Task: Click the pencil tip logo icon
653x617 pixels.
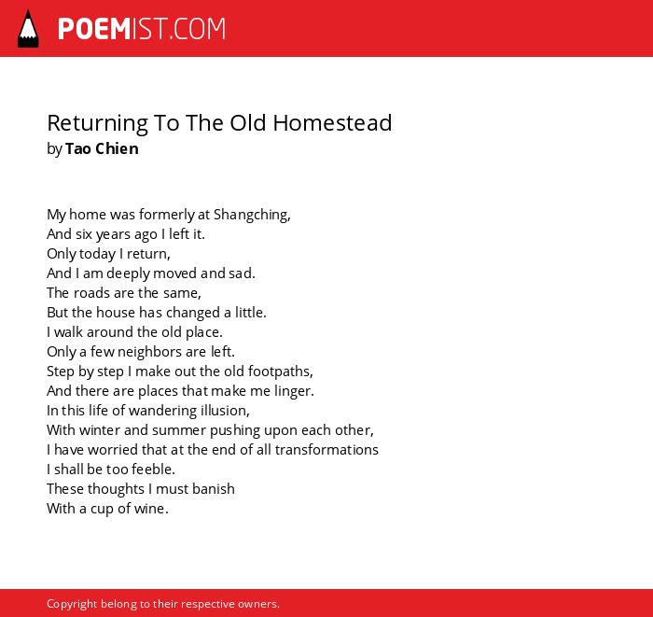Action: click(28, 29)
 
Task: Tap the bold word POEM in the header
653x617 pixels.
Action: click(94, 29)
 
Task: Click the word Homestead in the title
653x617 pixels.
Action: click(332, 123)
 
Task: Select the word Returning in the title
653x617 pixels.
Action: click(97, 124)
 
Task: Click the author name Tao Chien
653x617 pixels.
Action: click(102, 148)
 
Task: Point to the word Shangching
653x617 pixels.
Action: click(252, 215)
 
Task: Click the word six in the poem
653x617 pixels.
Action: click(84, 234)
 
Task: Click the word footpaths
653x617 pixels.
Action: click(280, 372)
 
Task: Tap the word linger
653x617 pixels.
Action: click(294, 391)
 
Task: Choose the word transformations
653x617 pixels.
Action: click(326, 450)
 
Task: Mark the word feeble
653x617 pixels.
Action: click(153, 470)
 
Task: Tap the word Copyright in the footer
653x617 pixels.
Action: click(72, 604)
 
